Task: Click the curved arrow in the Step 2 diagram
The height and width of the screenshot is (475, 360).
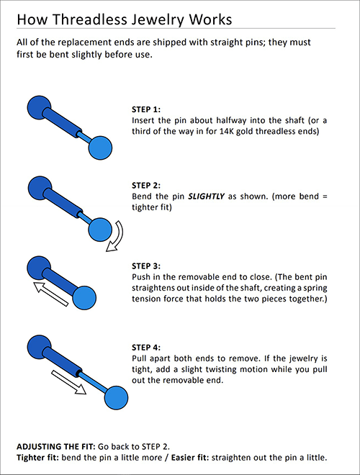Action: coord(115,237)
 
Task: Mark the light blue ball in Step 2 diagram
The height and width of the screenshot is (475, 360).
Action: coord(100,230)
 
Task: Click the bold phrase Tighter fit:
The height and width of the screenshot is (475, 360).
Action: coord(39,458)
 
